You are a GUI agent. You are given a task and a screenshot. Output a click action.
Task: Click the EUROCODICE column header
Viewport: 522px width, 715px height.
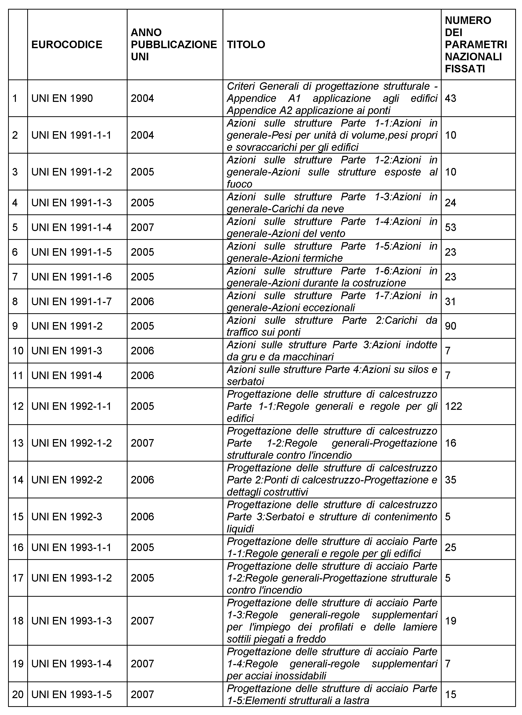67,45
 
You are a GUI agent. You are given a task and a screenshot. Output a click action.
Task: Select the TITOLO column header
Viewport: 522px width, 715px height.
246,45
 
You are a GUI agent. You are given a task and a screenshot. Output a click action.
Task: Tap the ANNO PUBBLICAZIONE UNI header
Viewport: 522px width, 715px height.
174,45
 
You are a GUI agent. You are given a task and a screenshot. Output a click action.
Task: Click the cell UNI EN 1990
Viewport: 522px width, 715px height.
62,98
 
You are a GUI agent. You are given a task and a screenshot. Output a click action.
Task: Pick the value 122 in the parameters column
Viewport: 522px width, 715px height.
453,406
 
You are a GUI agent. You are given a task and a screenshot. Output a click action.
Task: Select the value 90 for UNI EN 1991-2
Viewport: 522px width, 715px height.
451,326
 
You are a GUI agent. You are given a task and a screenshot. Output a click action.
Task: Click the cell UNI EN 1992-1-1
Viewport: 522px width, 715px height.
71,406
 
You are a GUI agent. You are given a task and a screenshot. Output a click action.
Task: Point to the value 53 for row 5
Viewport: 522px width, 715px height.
451,227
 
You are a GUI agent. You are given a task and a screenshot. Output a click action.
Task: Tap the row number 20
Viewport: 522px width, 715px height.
18,695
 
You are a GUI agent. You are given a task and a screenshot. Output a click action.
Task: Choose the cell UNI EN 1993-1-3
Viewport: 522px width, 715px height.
71,621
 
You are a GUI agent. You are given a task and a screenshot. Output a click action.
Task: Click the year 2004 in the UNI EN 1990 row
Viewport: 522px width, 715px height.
142,98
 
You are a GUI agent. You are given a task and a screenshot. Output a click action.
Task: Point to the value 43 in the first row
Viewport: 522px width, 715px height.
451,98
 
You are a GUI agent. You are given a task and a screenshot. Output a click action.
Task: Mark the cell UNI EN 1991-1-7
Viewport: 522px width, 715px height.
71,301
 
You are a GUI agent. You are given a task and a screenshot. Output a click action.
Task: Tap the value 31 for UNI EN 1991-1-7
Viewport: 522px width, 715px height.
451,301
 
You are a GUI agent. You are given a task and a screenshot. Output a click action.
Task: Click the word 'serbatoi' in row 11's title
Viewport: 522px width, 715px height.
245,382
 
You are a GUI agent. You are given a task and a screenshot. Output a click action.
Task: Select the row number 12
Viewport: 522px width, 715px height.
18,406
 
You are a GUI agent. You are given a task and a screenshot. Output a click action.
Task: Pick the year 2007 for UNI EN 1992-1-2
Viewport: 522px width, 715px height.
142,443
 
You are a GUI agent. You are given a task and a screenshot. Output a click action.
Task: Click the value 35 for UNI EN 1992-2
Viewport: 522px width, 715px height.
451,480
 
